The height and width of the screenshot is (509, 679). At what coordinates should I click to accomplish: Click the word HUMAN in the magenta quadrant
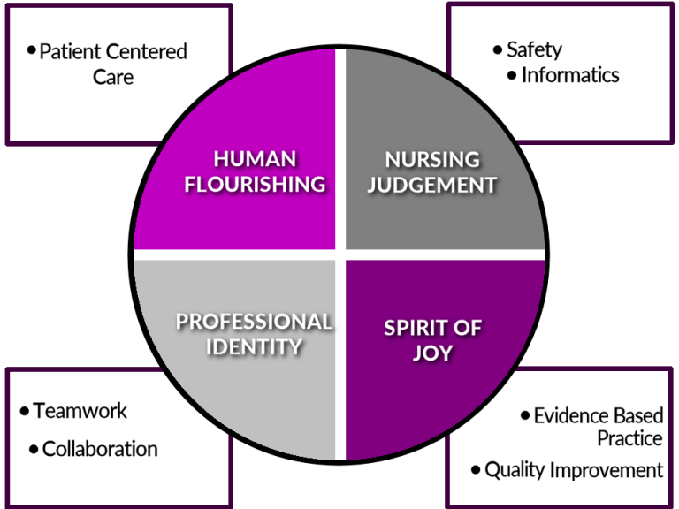[255, 159]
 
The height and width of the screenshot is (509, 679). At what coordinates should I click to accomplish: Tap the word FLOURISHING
[255, 184]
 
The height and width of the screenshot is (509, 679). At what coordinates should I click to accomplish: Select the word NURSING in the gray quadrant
[432, 160]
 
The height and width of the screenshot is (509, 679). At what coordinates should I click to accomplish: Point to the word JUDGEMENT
[432, 185]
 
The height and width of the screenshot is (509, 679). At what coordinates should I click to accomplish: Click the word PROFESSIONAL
[255, 322]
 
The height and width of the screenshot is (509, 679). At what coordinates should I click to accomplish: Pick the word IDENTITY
[255, 346]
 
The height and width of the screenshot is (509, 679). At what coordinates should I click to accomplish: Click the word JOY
[432, 353]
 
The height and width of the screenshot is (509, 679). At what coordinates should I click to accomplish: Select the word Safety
[534, 50]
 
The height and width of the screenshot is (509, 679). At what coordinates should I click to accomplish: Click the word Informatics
[570, 75]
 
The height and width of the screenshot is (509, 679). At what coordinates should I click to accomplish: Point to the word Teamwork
[80, 411]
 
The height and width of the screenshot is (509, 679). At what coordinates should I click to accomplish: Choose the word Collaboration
[100, 449]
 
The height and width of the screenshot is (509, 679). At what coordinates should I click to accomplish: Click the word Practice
[630, 438]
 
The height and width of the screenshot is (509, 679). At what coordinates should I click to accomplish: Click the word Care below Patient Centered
[113, 77]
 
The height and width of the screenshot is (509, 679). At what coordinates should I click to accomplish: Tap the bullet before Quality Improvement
[476, 469]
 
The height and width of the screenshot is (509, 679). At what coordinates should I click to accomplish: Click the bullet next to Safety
[497, 49]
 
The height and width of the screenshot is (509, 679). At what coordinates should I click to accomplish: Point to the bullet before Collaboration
[34, 449]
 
